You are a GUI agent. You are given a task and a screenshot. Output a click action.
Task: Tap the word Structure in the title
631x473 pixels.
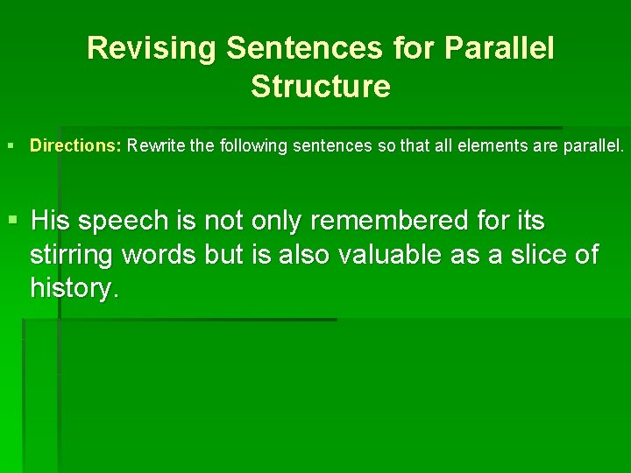pos(320,87)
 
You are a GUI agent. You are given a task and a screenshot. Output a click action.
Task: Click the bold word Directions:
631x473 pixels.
pos(75,145)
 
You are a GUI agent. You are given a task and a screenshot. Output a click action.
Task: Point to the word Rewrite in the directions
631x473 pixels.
pos(157,145)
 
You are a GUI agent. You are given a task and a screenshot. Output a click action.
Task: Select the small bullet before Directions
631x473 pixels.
pos(10,145)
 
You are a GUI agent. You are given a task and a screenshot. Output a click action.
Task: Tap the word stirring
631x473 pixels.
pos(74,256)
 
